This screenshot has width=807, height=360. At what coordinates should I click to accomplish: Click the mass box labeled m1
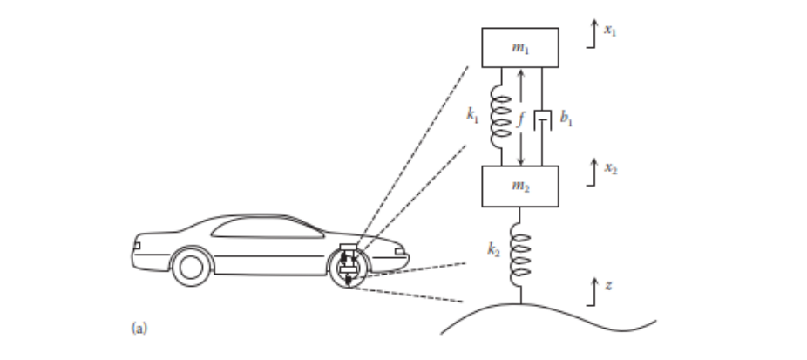pyautogui.click(x=520, y=47)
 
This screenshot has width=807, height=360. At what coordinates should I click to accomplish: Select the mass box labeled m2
pyautogui.click(x=520, y=186)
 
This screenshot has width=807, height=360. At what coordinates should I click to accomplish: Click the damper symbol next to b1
pyautogui.click(x=543, y=120)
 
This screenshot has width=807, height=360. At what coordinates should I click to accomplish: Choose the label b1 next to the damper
pyautogui.click(x=566, y=121)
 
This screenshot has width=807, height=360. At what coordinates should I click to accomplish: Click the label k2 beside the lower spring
pyautogui.click(x=493, y=249)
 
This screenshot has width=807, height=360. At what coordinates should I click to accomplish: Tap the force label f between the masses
pyautogui.click(x=520, y=120)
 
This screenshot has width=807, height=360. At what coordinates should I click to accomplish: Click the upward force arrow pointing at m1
pyautogui.click(x=520, y=87)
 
